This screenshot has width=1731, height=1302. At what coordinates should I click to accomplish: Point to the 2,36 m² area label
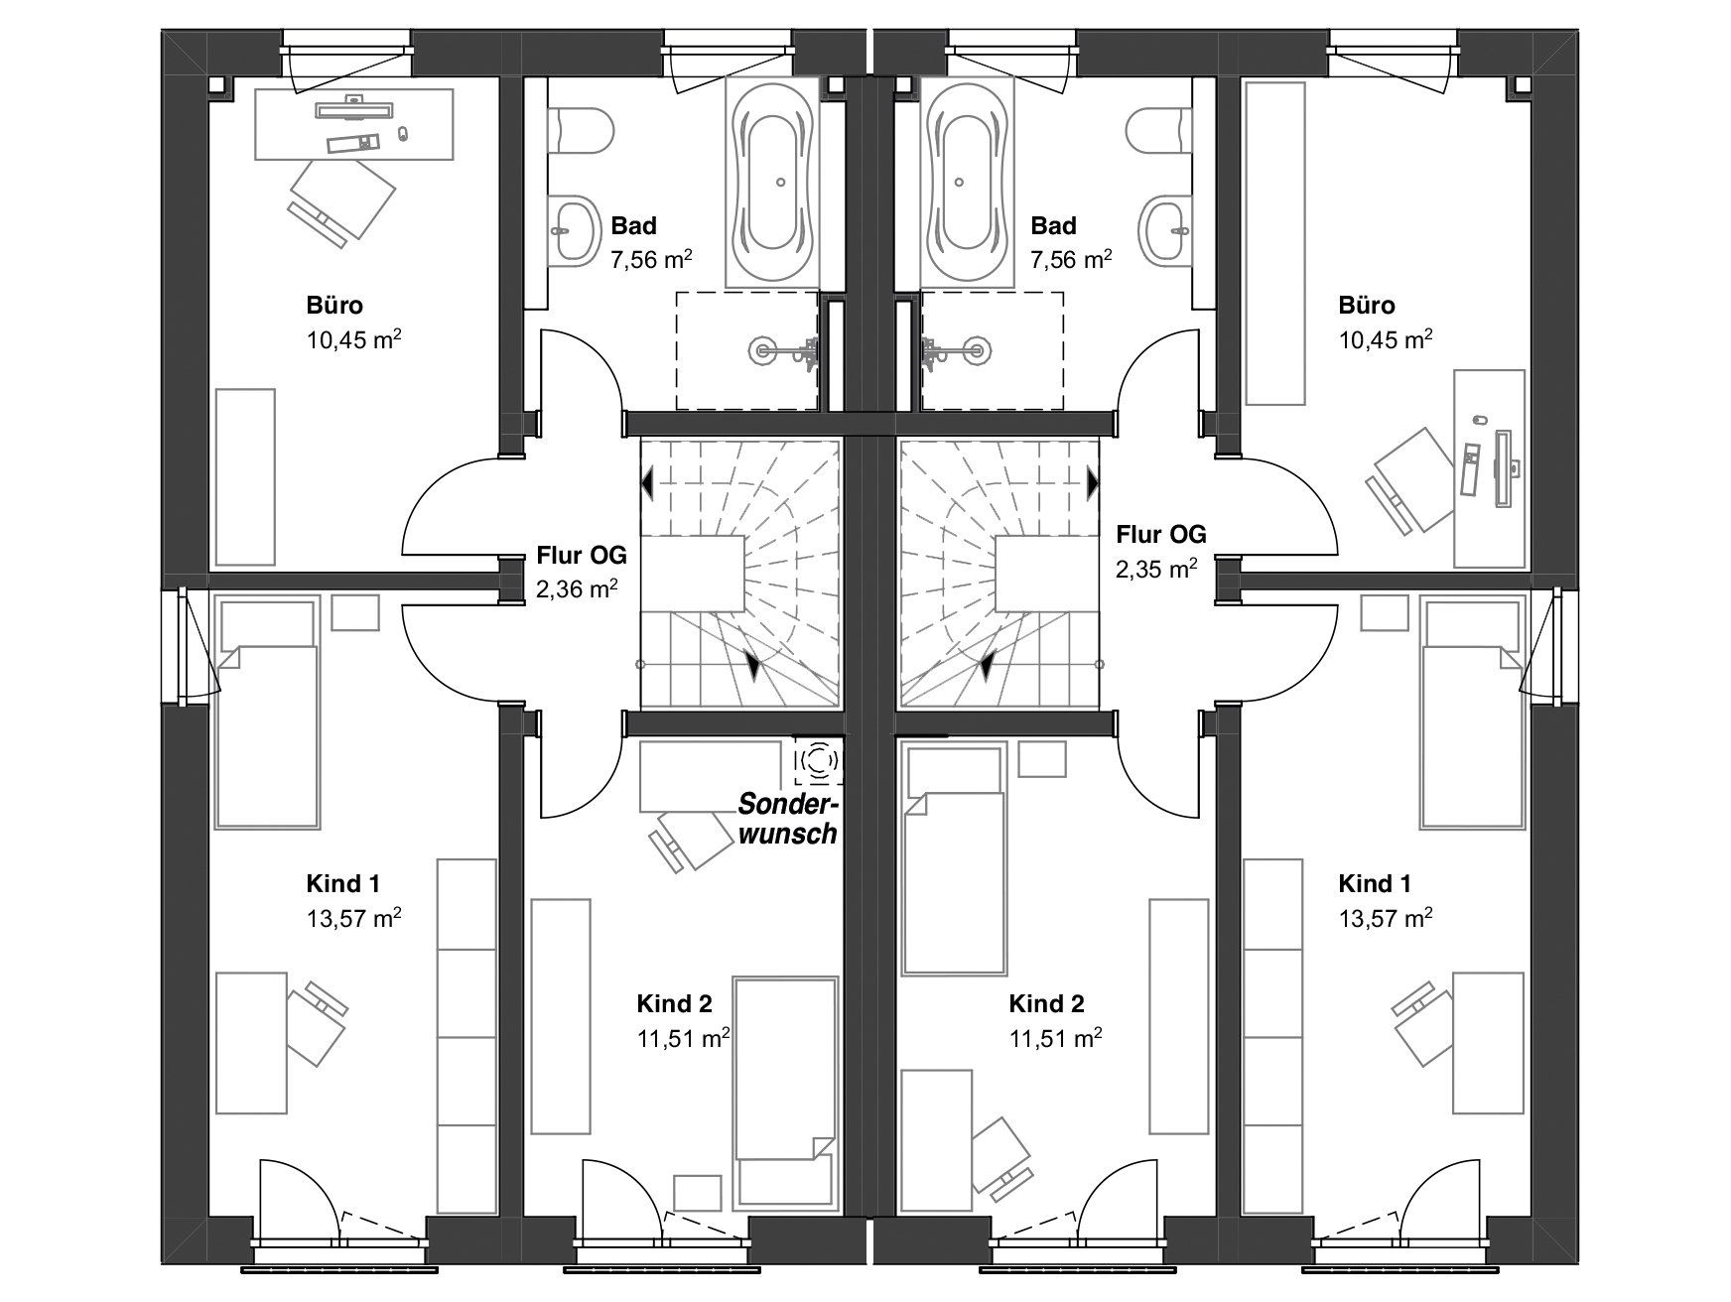point(577,589)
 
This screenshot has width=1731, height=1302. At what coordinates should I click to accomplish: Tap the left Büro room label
point(334,305)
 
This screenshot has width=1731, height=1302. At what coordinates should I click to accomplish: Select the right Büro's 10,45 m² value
point(1385,339)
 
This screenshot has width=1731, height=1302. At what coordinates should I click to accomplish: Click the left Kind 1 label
point(342,883)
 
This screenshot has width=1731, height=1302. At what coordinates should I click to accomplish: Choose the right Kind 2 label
point(1047,1003)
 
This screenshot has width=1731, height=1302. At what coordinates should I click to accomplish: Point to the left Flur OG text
point(582,554)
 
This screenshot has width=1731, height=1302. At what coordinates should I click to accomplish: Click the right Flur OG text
point(1161,534)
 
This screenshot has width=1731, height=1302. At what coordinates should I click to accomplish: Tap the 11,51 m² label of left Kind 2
point(683,1039)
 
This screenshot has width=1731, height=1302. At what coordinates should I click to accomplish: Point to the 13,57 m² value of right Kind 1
point(1385,918)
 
